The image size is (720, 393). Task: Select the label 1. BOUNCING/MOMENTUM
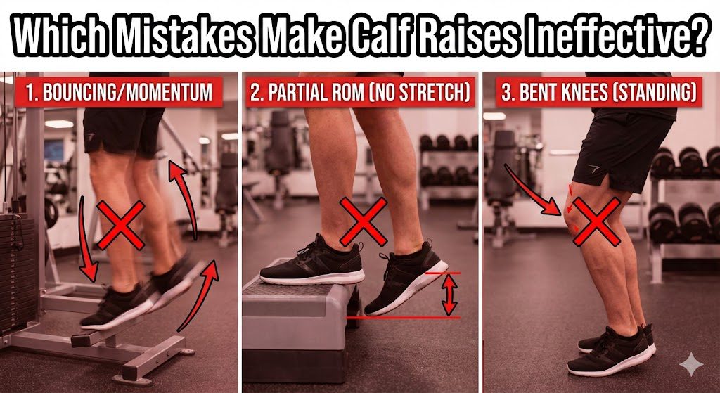click(119, 92)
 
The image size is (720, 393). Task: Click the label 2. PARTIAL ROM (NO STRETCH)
click(360, 92)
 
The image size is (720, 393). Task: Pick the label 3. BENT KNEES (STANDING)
click(599, 92)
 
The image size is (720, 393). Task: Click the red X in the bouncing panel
click(122, 224)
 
